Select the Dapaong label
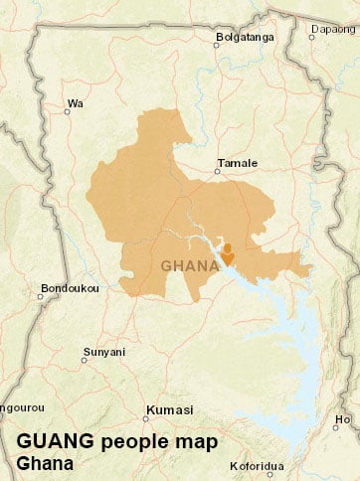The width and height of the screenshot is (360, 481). [x=334, y=29]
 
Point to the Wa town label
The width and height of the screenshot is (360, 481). [x=74, y=102]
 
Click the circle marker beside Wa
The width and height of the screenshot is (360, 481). [x=67, y=111]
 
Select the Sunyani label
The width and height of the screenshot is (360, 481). [x=103, y=351]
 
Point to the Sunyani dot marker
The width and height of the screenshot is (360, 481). [x=86, y=360]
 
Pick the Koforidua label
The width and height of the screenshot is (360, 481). [x=256, y=465]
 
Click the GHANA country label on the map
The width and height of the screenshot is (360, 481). [x=190, y=266]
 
